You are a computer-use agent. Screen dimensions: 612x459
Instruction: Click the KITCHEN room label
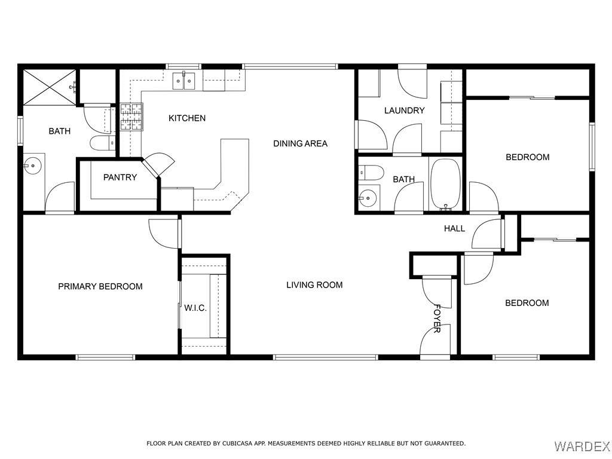coord(187,118)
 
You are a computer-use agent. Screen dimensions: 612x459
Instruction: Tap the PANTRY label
coord(120,177)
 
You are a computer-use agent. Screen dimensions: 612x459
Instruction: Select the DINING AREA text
coord(300,143)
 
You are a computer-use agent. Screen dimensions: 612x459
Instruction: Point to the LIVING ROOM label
coord(314,285)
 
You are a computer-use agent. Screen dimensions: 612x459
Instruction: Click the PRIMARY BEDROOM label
coord(100,286)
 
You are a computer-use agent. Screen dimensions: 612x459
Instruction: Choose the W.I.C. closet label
coord(195,308)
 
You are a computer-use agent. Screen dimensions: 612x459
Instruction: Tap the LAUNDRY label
coord(405,111)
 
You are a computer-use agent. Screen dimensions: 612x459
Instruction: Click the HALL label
coord(454,228)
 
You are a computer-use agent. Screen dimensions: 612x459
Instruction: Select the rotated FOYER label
coord(437,319)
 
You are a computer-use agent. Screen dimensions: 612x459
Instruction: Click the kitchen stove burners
coord(131,117)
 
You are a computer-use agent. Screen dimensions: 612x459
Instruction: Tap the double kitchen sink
coord(184,81)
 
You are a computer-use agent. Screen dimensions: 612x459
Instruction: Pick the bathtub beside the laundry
coord(445,184)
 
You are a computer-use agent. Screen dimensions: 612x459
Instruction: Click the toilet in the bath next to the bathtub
coord(371,172)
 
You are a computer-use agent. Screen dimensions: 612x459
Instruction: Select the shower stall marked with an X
coord(50,87)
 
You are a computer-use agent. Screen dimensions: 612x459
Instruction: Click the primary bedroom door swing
coord(164,234)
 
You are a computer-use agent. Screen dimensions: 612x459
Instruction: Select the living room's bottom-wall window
coord(326,357)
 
